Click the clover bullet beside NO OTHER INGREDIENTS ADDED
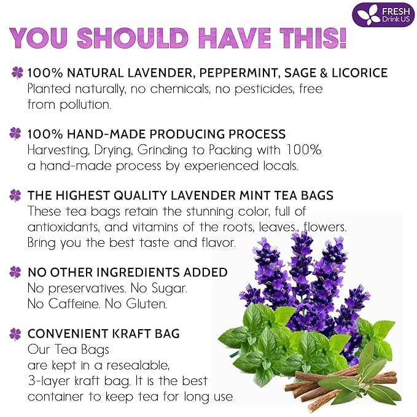(15, 272)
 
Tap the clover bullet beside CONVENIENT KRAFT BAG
(15, 333)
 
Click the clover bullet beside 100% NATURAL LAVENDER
(15, 73)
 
